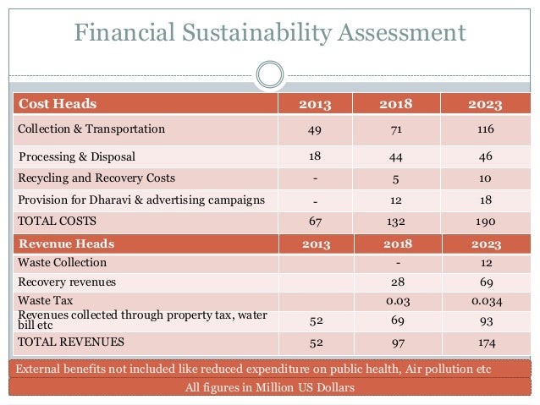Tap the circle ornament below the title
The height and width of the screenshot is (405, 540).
click(269, 74)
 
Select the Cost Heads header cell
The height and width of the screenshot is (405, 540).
click(58, 105)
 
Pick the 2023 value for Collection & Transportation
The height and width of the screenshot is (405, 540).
click(484, 130)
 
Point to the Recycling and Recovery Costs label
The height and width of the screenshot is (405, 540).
click(96, 178)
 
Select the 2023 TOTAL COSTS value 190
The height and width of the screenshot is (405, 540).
click(484, 222)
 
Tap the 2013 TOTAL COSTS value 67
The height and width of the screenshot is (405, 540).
click(315, 222)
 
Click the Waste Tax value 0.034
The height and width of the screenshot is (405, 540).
click(484, 300)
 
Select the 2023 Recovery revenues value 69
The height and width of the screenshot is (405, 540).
click(484, 282)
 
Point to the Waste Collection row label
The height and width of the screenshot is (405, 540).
click(62, 263)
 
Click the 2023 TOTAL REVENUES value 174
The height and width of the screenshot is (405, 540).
click(484, 342)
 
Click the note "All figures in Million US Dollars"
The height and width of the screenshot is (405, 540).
click(269, 388)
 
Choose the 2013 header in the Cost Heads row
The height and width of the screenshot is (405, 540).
click(315, 105)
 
